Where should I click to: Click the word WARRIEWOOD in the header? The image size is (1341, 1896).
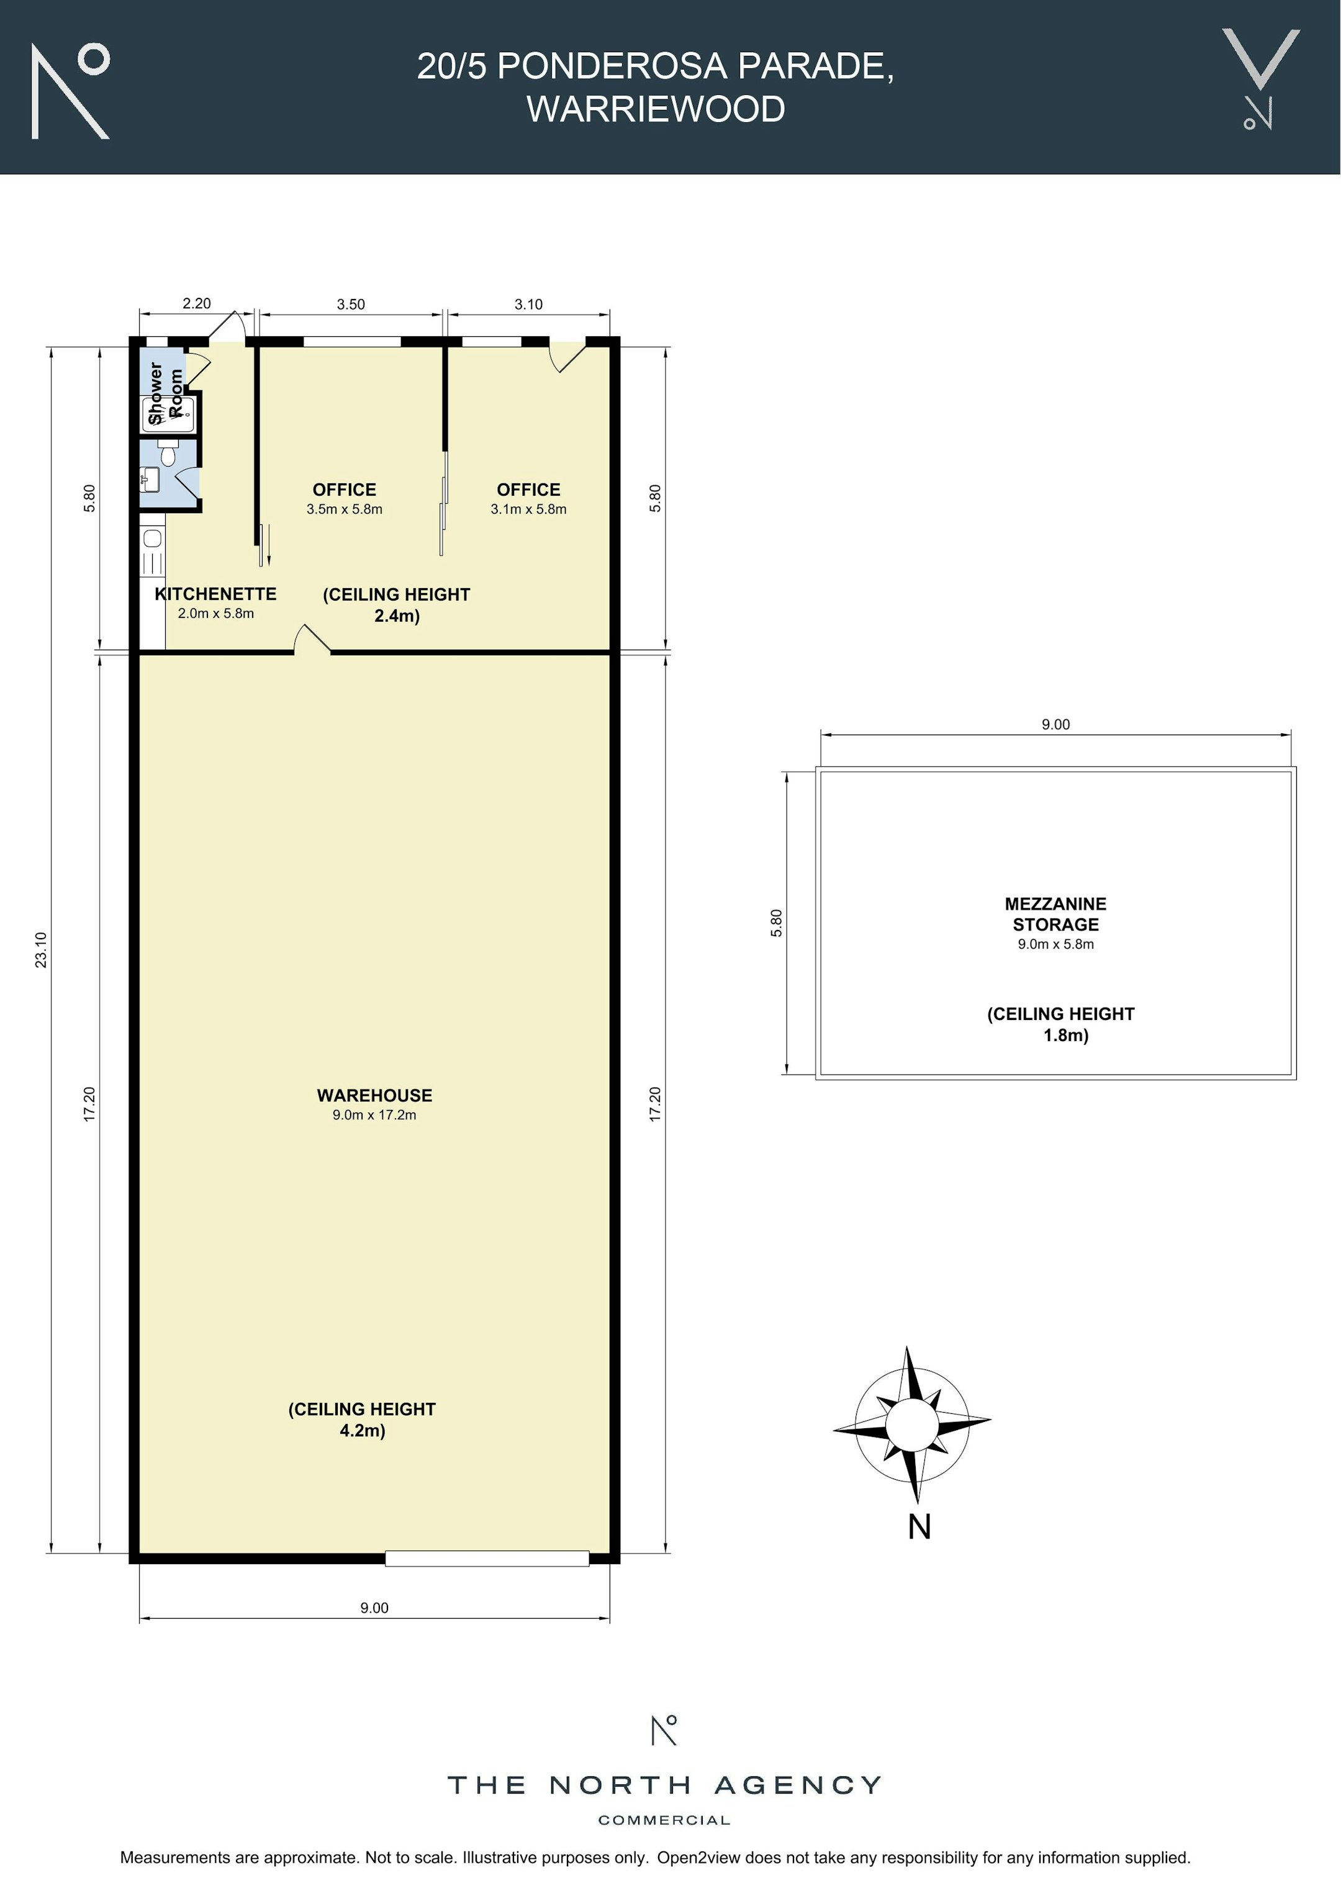pyautogui.click(x=656, y=109)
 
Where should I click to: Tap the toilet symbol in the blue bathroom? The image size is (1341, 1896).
pyautogui.click(x=168, y=452)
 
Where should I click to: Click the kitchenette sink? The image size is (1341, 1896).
pyautogui.click(x=153, y=539)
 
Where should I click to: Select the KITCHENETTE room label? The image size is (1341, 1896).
pyautogui.click(x=215, y=594)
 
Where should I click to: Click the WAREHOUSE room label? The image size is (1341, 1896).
pyautogui.click(x=374, y=1095)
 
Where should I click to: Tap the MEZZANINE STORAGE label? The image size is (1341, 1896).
pyautogui.click(x=1055, y=914)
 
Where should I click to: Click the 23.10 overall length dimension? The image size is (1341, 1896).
pyautogui.click(x=42, y=950)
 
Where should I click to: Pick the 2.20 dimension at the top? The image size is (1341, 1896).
pyautogui.click(x=197, y=303)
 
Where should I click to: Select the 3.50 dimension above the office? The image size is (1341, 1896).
pyautogui.click(x=350, y=304)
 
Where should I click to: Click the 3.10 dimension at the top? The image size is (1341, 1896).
pyautogui.click(x=529, y=304)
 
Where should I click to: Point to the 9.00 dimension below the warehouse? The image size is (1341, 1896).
pyautogui.click(x=374, y=1607)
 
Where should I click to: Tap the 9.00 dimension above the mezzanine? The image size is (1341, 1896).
pyautogui.click(x=1055, y=724)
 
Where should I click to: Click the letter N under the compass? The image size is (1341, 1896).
pyautogui.click(x=919, y=1527)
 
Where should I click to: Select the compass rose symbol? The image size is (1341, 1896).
pyautogui.click(x=911, y=1424)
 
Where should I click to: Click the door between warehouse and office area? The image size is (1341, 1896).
pyautogui.click(x=312, y=640)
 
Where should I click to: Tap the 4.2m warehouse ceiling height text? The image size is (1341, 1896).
pyautogui.click(x=362, y=1430)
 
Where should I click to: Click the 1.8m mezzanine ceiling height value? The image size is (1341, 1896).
pyautogui.click(x=1066, y=1035)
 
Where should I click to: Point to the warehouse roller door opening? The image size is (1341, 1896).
pyautogui.click(x=487, y=1558)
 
